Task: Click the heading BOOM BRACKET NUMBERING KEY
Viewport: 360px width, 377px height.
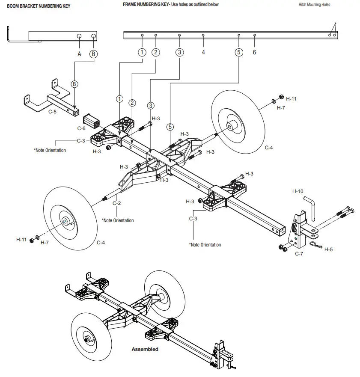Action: pos(39,6)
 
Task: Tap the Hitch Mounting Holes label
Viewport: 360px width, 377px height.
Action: pos(314,5)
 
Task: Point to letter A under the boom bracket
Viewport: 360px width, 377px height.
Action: pos(79,54)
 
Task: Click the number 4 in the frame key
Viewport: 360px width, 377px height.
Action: pos(203,52)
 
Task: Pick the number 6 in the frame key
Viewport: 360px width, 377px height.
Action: pos(255,52)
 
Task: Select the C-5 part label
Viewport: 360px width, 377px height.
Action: pos(52,112)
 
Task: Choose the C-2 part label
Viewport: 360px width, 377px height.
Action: pos(117,203)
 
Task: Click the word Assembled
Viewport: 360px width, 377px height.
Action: pos(145,349)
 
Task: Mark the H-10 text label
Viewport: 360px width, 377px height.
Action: pos(298,191)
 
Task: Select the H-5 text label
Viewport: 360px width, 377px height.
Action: pos(328,249)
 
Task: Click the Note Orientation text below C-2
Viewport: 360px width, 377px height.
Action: pos(118,220)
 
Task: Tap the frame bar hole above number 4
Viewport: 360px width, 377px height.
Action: pos(203,35)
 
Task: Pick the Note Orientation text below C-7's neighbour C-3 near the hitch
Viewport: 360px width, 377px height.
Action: pos(205,245)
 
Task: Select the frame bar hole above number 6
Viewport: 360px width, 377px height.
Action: pos(255,35)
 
